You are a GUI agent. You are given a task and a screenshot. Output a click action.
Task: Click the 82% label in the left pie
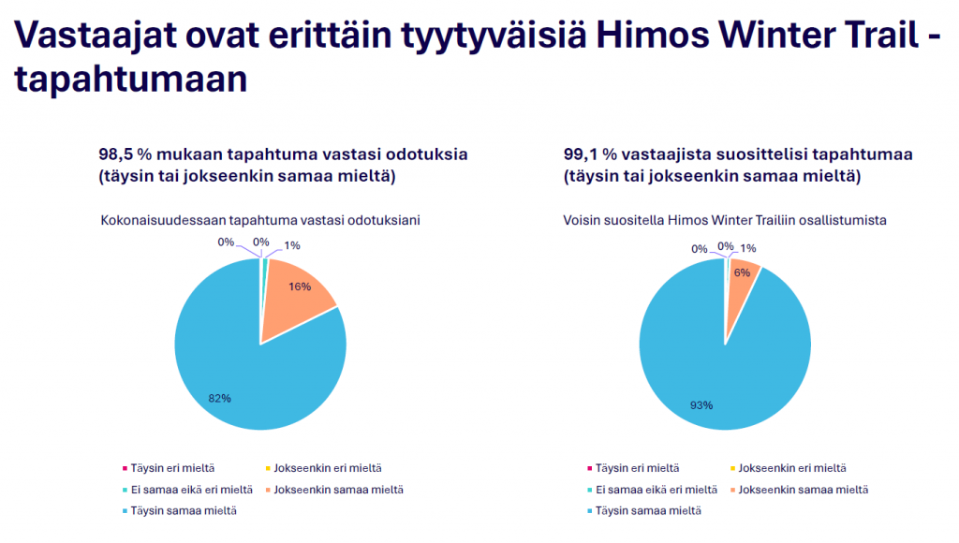coord(219,399)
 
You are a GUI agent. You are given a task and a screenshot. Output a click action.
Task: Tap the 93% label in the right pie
coord(701,405)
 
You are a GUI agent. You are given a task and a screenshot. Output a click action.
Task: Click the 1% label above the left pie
coord(292,246)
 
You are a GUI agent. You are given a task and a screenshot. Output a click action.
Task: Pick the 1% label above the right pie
coord(748,248)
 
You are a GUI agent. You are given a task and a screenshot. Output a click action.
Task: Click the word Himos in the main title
coord(652,35)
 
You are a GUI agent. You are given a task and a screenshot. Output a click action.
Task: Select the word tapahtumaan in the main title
coord(131,80)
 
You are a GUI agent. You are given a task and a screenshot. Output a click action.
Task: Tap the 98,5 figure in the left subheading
coord(116,154)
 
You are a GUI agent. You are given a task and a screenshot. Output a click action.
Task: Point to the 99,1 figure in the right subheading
coord(581,154)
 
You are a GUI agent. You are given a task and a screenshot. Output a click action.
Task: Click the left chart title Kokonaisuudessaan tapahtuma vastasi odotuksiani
coord(260,220)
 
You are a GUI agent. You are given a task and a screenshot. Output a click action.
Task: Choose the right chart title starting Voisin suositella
coord(725,220)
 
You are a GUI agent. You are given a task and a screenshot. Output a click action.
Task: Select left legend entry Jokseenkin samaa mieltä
coord(334,490)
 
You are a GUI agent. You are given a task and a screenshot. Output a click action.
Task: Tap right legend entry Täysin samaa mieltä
coord(644,511)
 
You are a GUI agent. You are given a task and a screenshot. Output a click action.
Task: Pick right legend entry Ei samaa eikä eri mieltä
coord(652,490)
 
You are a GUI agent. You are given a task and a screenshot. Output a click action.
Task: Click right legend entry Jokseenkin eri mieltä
coord(789,468)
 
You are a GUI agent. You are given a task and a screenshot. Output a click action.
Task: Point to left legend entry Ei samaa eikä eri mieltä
coord(187,490)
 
